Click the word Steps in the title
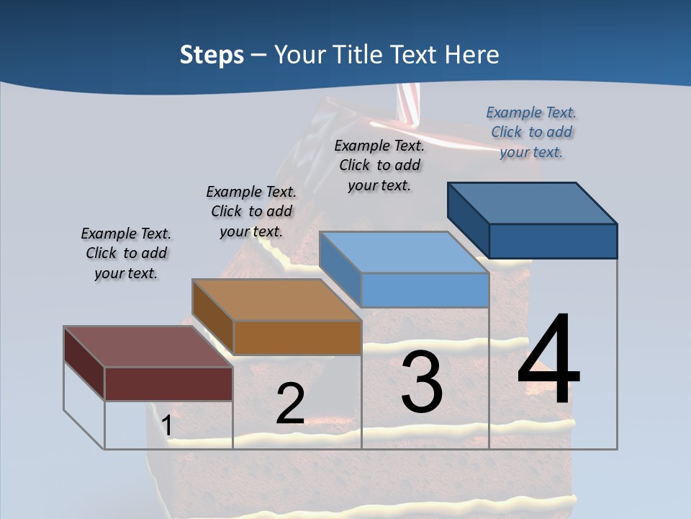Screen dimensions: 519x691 pos(212,55)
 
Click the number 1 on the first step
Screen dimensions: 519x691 pos(167,426)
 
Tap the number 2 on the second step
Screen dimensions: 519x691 pos(290,404)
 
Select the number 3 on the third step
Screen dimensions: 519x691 pos(421,383)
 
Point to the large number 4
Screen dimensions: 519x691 pos(548,360)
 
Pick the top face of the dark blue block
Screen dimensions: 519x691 pos(533,203)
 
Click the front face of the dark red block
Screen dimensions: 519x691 pos(168,383)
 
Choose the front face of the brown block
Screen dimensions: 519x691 pos(297,337)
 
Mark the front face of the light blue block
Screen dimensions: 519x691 pos(425,290)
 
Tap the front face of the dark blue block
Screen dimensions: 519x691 pos(553,241)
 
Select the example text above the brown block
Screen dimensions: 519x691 pos(251,212)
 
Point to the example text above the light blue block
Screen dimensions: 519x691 pos(379,165)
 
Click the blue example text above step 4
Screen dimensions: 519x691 pos(531,133)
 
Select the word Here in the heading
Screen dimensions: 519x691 pos(473,55)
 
